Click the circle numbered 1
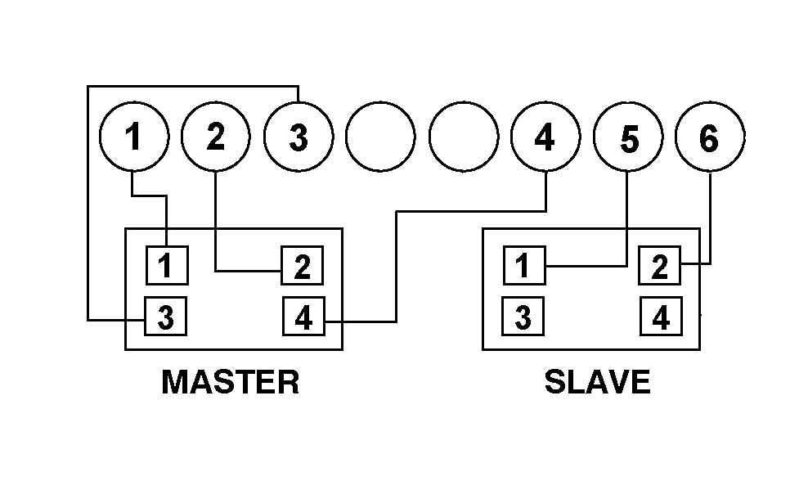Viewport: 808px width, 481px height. [133, 137]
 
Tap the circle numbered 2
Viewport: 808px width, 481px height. [216, 137]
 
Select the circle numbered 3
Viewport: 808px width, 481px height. [299, 137]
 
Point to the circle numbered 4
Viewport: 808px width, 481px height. [545, 137]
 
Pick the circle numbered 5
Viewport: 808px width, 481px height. [627, 137]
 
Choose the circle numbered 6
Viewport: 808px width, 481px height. [710, 137]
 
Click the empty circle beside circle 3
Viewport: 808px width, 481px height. [380, 137]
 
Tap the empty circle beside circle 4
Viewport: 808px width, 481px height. [463, 137]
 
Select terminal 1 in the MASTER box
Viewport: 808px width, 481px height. [167, 265]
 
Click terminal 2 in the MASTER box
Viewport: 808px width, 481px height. [302, 265]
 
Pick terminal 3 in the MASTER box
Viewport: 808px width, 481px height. [166, 317]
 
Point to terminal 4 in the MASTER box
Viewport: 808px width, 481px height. [303, 317]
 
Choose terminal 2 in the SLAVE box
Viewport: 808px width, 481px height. [659, 265]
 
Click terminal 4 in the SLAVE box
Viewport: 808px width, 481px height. [659, 317]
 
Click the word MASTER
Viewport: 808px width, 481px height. [231, 382]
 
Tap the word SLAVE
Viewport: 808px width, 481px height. [597, 382]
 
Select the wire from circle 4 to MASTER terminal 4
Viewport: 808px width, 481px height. [397, 262]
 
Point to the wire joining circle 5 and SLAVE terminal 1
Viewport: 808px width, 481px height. [589, 265]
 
